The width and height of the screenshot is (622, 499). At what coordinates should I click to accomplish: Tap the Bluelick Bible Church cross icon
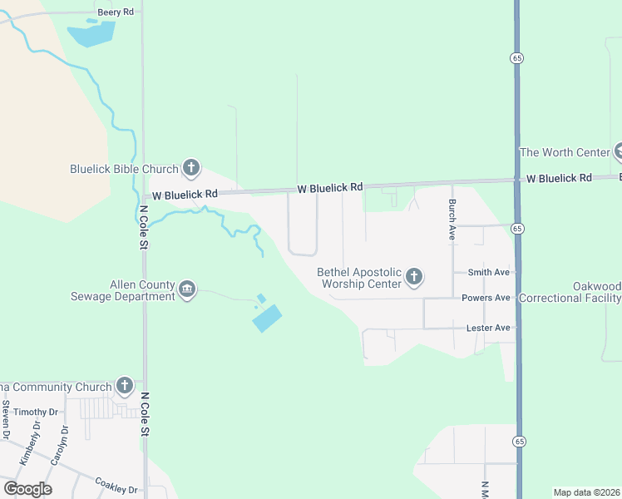[191, 169]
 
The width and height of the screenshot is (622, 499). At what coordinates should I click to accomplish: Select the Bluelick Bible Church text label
[124, 169]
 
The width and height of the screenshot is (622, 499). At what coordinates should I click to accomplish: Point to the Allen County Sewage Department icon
[188, 290]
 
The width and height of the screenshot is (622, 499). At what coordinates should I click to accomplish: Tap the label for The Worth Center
[564, 152]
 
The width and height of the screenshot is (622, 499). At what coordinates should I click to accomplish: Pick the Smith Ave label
[488, 272]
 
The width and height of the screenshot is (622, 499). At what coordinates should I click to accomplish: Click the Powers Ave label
[485, 298]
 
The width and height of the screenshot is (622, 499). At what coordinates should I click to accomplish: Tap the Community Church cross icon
[125, 386]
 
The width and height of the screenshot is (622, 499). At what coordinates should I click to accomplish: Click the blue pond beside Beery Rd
[91, 34]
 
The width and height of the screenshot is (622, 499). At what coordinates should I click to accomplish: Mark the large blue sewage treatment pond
[267, 317]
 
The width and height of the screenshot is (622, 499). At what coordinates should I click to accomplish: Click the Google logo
[27, 489]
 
